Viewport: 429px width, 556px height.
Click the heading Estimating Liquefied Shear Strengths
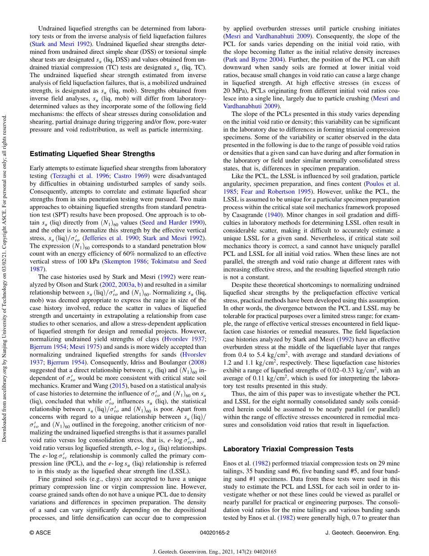[x=92, y=154]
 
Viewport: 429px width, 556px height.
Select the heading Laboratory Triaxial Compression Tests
[x=288, y=449]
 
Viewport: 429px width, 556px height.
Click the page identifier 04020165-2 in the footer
[x=214, y=533]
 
